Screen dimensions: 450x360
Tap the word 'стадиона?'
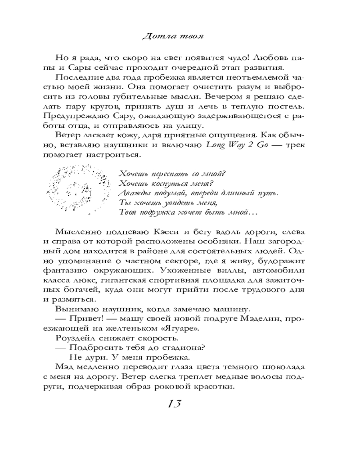pyautogui.click(x=177, y=349)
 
